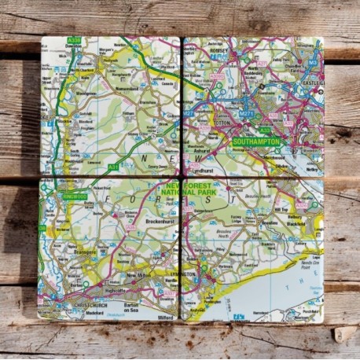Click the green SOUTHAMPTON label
(255, 141)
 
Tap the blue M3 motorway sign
(312, 61)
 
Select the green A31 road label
(114, 167)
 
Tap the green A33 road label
(265, 130)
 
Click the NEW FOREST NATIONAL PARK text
(186, 189)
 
